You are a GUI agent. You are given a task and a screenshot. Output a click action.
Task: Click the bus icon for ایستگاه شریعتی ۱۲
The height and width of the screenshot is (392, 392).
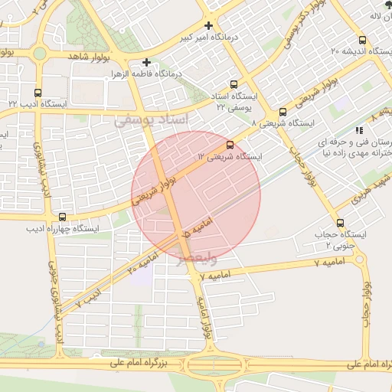tap(230, 144)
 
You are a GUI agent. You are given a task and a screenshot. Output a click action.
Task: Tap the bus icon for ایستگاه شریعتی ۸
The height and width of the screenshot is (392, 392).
tap(283, 112)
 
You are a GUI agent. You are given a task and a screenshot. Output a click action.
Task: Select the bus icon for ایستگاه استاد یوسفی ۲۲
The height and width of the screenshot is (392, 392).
tap(233, 85)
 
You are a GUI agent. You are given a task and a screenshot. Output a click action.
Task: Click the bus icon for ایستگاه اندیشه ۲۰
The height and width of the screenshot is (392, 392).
tap(362, 40)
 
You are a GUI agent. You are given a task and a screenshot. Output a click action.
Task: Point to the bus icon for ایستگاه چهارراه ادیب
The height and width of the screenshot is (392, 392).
tap(61, 217)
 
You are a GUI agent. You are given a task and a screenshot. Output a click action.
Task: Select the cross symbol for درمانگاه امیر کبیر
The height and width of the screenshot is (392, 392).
tap(208, 26)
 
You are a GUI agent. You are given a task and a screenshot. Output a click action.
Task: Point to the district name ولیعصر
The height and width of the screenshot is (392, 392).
tap(197, 259)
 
